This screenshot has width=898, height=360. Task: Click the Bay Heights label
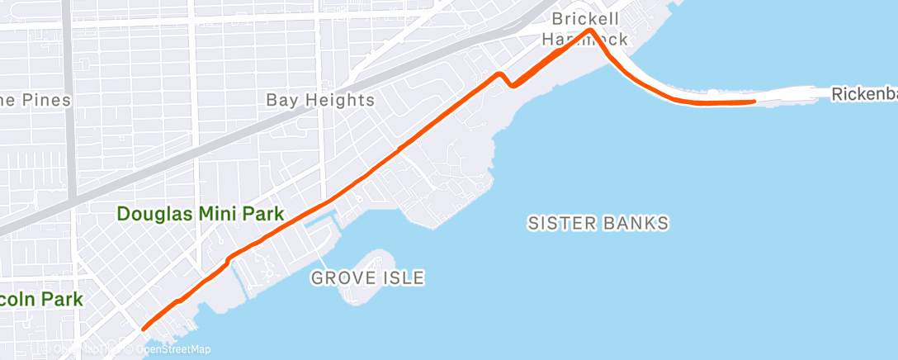click(x=320, y=101)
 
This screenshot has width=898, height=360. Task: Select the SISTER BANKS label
click(x=598, y=223)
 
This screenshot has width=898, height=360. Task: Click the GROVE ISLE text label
click(x=367, y=278)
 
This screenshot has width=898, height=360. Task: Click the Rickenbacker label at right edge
click(x=863, y=95)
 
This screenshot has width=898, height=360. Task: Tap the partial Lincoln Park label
click(x=41, y=299)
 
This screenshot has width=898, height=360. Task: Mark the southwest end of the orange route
click(x=144, y=329)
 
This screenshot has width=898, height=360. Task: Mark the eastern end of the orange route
click(x=754, y=102)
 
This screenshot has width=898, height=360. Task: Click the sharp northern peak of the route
click(x=590, y=30)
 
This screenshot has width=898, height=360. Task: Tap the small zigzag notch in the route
click(x=507, y=80)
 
